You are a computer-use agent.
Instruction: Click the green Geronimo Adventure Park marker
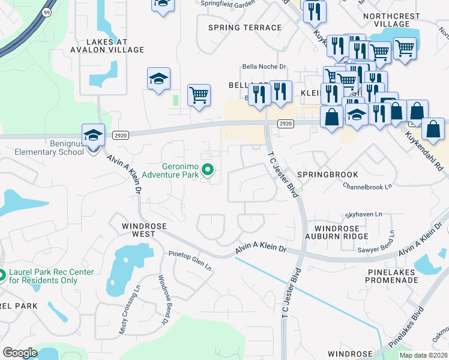(x=208, y=172)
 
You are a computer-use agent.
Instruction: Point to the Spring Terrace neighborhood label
(x=244, y=28)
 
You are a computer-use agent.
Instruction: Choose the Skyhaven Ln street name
(x=364, y=214)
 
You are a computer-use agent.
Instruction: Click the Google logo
(x=20, y=352)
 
